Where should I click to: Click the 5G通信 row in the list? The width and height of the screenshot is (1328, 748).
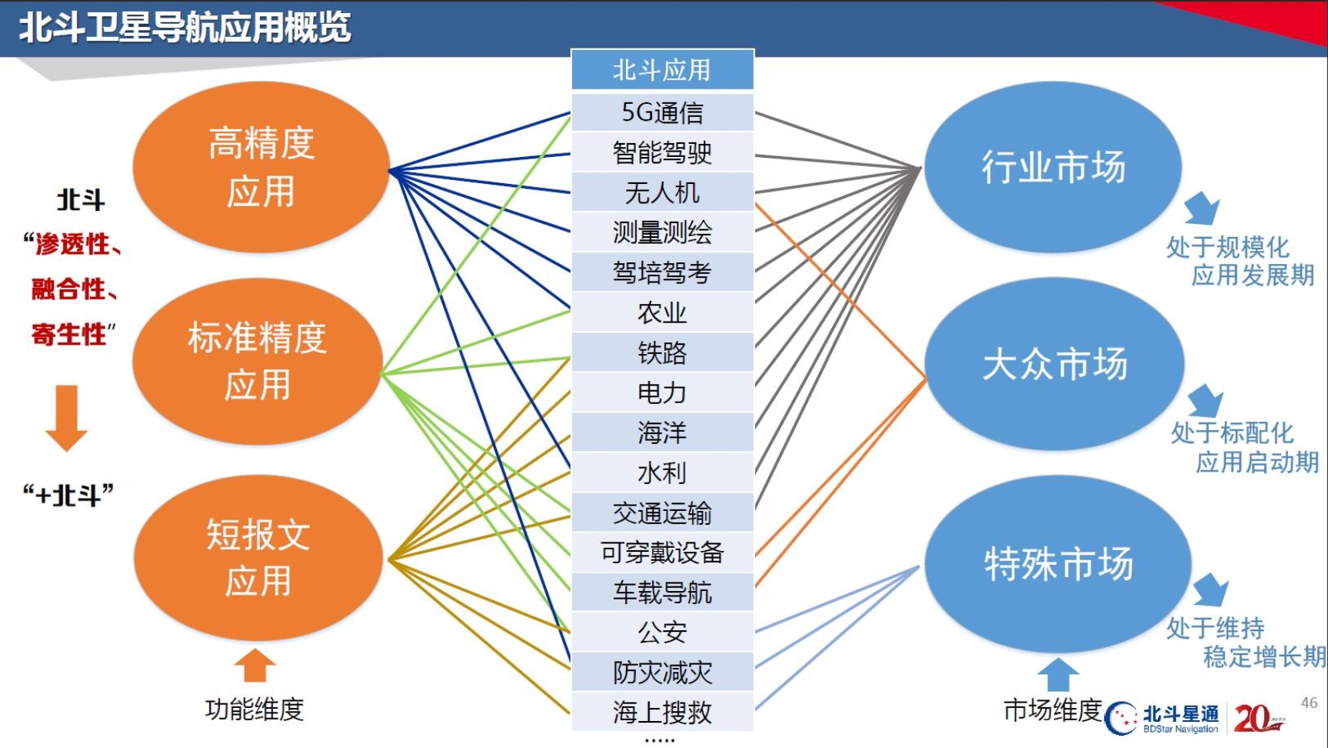(662, 112)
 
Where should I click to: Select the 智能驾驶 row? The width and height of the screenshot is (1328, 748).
(662, 152)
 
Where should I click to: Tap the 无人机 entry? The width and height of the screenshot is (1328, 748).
(662, 192)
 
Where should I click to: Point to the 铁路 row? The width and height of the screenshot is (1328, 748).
(662, 352)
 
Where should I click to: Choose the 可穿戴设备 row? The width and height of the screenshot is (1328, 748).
(662, 553)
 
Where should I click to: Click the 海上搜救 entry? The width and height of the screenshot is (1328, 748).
(662, 713)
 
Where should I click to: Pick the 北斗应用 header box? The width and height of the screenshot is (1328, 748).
(662, 70)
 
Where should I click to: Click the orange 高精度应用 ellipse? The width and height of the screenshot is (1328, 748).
(261, 167)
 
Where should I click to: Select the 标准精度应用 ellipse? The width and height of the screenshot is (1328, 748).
(258, 361)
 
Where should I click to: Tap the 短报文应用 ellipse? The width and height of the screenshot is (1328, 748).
(258, 557)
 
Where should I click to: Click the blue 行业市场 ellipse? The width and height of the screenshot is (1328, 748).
(1053, 167)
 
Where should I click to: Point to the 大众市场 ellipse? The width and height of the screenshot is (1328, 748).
(1054, 363)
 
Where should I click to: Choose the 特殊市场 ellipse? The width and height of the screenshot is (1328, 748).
(1058, 563)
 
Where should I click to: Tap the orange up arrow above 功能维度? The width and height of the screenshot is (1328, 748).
(255, 665)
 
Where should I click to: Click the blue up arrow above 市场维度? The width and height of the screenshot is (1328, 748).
(1058, 674)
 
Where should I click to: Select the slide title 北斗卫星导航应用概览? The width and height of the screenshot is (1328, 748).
(185, 28)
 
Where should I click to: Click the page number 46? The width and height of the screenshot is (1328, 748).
(1309, 703)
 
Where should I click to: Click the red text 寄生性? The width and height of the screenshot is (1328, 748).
(69, 335)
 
